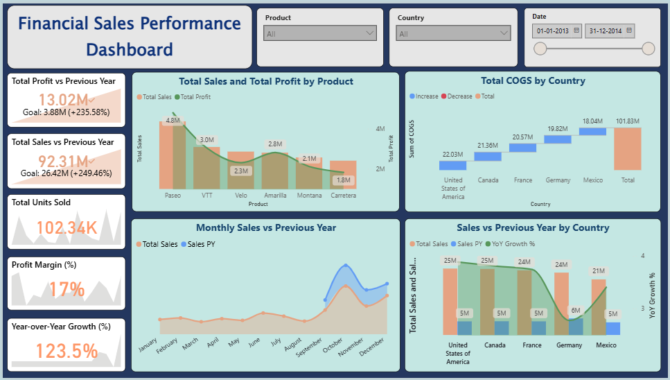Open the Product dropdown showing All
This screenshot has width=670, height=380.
pyautogui.click(x=320, y=33)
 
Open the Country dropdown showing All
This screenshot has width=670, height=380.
pyautogui.click(x=453, y=33)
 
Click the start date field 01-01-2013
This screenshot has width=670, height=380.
pyautogui.click(x=557, y=31)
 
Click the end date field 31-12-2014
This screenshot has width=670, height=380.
pyautogui.click(x=610, y=31)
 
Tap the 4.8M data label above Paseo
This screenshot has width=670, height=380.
pyautogui.click(x=173, y=121)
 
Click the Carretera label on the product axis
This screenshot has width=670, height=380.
pyautogui.click(x=343, y=196)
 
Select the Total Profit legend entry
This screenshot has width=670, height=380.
pyautogui.click(x=195, y=97)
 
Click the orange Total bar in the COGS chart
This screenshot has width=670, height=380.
pyautogui.click(x=628, y=149)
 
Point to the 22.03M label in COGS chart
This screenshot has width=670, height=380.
pyautogui.click(x=453, y=155)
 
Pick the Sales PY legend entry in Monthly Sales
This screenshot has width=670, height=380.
pyautogui.click(x=198, y=244)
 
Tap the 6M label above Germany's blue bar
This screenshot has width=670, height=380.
pyautogui.click(x=575, y=310)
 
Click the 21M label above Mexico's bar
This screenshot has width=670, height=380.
pyautogui.click(x=599, y=270)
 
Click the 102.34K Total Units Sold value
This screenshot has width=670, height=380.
pyautogui.click(x=67, y=227)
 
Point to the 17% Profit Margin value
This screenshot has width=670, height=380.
pyautogui.click(x=67, y=289)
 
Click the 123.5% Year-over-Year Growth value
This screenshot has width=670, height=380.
pyautogui.click(x=67, y=351)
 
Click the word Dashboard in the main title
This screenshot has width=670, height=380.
pyautogui.click(x=130, y=49)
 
